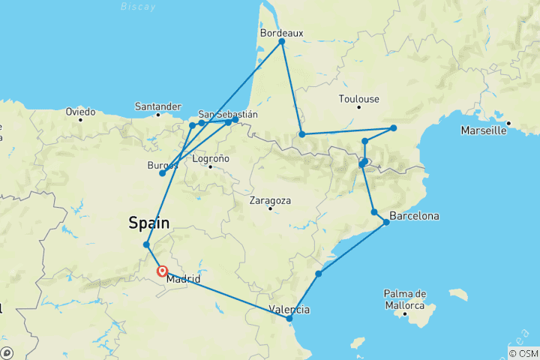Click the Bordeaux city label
click(281, 33)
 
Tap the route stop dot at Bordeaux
click(282, 42)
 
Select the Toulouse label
click(359, 99)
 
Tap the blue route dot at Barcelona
click(387, 222)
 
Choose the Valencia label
click(289, 309)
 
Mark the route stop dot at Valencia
click(289, 319)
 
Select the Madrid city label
click(183, 279)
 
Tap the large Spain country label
click(149, 223)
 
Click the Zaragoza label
click(270, 201)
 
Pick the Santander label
click(158, 106)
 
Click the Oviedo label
click(80, 112)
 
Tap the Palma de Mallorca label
click(405, 298)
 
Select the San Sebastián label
click(228, 115)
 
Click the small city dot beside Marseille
click(508, 123)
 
